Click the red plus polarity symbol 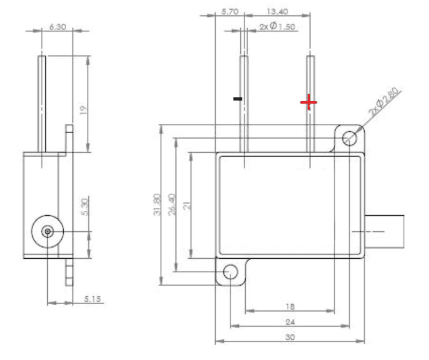[309, 102]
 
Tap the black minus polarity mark [238, 99]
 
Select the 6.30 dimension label [58, 27]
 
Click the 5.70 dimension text [230, 12]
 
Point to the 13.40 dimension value [277, 12]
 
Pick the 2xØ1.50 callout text [277, 26]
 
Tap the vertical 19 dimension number [83, 110]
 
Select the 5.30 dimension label [85, 207]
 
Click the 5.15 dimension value [92, 299]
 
